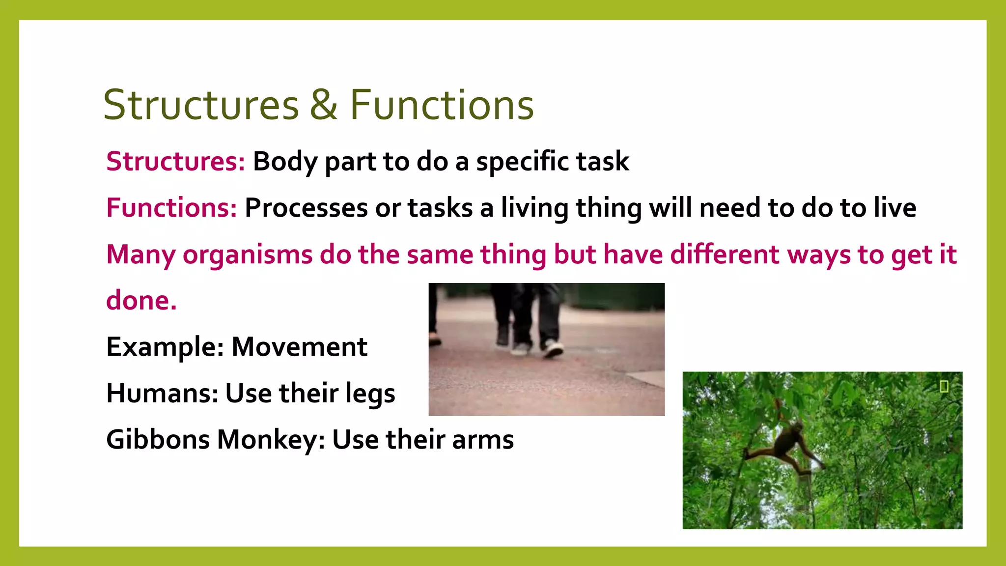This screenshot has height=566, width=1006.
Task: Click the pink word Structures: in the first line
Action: click(x=175, y=162)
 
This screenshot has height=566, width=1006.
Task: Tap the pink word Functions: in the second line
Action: click(x=171, y=208)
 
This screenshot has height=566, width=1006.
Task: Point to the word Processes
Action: click(x=306, y=208)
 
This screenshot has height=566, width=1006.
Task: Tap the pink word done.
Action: click(x=141, y=300)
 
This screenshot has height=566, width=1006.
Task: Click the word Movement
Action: click(x=299, y=347)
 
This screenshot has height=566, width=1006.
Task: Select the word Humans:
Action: click(x=162, y=393)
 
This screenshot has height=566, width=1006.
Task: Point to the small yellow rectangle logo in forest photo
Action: click(x=944, y=387)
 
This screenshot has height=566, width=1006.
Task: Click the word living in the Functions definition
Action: click(x=534, y=208)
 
